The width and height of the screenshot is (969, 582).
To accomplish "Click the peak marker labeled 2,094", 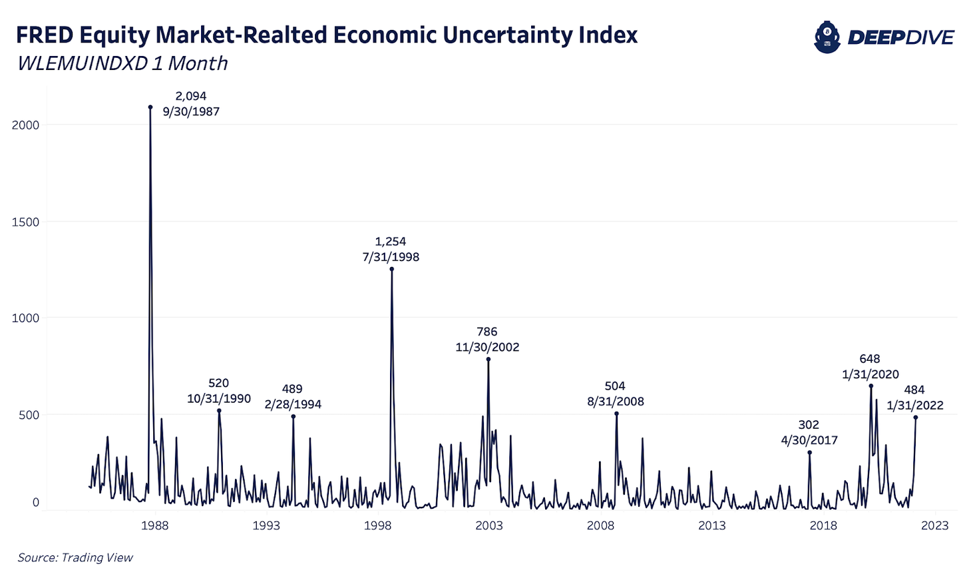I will pos(150,107).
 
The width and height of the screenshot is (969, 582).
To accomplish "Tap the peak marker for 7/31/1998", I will pos(391,269).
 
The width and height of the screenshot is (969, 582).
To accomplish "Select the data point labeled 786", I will pos(488,359).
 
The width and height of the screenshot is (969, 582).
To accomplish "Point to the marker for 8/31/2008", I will pos(616,414).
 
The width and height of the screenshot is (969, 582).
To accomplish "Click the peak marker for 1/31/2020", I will pos(871,386).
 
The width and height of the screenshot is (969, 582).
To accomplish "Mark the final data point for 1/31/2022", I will pos(916,418).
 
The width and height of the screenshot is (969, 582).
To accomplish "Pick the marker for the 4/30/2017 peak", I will pos(809,453).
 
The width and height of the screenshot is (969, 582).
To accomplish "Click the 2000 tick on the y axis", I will pos(26,125).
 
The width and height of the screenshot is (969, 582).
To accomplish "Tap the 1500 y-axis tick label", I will pos(26,222).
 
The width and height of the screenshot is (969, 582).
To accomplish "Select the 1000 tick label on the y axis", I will pos(26,318).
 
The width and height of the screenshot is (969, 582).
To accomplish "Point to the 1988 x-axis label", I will pos(154,525).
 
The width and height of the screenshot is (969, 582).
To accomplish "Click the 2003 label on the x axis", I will pos(489,525).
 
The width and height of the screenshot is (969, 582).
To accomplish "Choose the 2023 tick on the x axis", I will pos(934,525).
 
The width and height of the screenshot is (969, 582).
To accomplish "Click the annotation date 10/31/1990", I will pos(219,399).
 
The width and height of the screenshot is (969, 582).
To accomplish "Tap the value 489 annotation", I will pos(292,389).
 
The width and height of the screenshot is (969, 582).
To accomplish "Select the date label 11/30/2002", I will pos(487,348).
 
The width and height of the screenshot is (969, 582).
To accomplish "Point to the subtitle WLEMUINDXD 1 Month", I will pos(122,63).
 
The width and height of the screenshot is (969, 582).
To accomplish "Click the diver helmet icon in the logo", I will pos(827,37).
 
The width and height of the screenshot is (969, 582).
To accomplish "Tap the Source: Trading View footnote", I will pos(75,558).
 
